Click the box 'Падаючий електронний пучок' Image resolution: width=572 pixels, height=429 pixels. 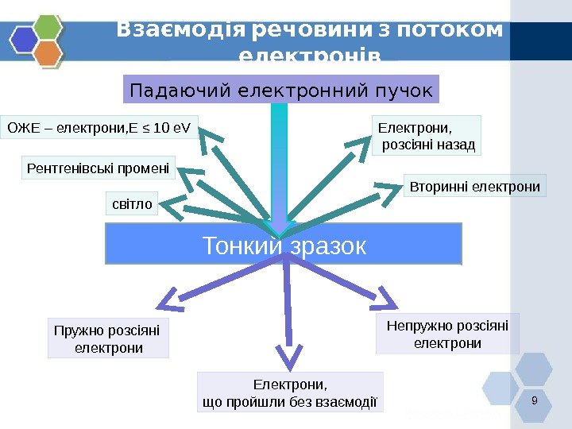click(x=281, y=90)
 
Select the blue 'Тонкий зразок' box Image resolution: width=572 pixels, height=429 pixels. click(x=284, y=244)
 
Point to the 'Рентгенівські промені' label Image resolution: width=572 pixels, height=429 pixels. click(x=98, y=168)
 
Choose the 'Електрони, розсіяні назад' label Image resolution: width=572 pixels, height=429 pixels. click(x=427, y=136)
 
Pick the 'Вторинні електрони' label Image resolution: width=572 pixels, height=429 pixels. click(x=475, y=187)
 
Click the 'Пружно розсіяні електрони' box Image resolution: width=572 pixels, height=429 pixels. click(x=108, y=338)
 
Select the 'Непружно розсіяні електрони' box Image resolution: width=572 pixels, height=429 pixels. click(x=447, y=334)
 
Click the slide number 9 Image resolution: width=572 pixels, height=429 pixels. click(x=534, y=400)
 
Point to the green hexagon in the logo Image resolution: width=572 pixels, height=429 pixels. click(x=49, y=26)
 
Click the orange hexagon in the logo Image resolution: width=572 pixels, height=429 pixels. click(x=49, y=53)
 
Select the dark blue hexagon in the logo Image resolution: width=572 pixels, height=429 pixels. click(x=25, y=39)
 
